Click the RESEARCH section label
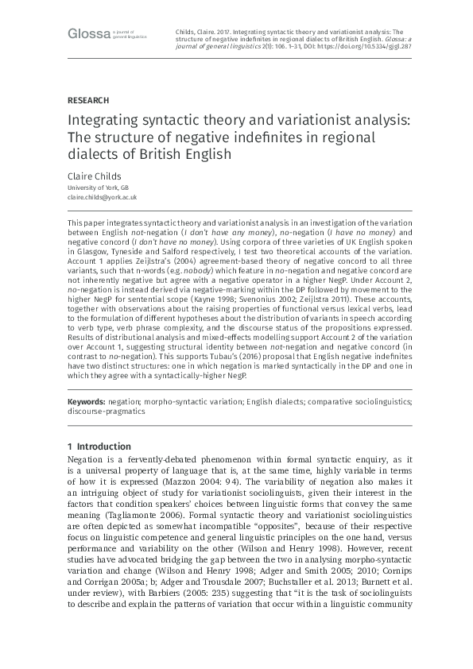(87, 100)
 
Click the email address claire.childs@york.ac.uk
(103, 196)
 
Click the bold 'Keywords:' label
(86, 403)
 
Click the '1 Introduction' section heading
(99, 447)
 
